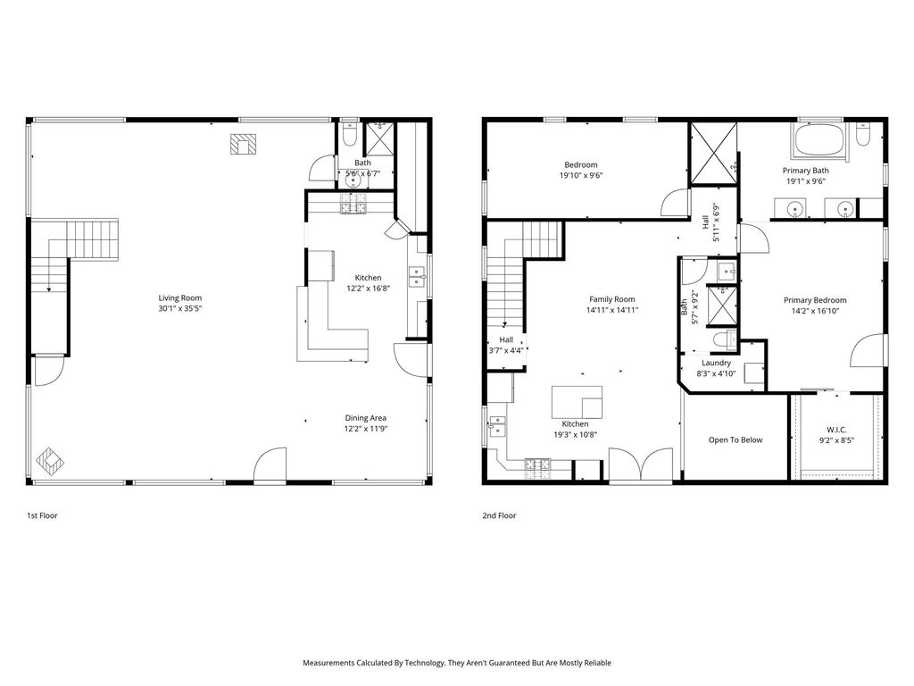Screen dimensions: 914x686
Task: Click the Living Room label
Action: pos(180,297)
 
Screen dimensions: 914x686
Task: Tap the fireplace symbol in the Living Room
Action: pos(243,144)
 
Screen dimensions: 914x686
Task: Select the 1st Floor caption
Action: pos(42,515)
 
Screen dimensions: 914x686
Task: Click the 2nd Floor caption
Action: pos(499,515)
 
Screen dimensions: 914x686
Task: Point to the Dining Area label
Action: pos(365,418)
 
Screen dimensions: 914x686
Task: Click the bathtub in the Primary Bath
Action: pos(818,140)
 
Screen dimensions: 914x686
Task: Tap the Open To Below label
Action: pos(735,439)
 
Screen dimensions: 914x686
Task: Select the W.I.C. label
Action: pos(836,430)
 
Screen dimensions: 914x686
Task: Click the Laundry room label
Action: pos(717,363)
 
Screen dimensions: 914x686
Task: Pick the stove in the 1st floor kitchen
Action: pos(353,205)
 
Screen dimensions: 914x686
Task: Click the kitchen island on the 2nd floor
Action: pos(577,402)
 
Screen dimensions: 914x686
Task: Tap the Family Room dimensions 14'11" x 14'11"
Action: pos(612,310)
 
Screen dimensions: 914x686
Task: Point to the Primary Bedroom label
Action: pos(815,300)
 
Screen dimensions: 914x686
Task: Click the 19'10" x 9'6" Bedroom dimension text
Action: pos(580,175)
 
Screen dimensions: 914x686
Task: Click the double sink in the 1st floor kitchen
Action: pos(416,277)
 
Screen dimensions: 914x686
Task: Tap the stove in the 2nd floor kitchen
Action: pos(538,464)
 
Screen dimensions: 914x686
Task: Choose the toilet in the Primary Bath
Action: pos(863,134)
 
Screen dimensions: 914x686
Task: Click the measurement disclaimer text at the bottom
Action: pos(457,663)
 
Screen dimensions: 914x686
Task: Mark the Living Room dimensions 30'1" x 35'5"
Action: pos(180,308)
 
